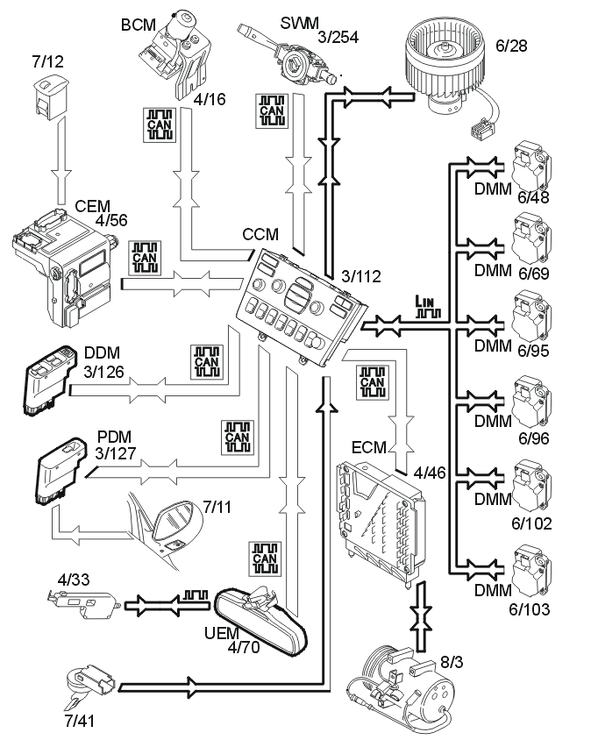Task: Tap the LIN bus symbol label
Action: pyautogui.click(x=428, y=307)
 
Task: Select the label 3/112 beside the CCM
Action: pyautogui.click(x=361, y=276)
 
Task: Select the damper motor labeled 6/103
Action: pyautogui.click(x=531, y=572)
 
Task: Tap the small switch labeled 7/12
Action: pyautogui.click(x=50, y=97)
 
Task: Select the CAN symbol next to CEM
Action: pyautogui.click(x=145, y=258)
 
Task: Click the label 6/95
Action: pyautogui.click(x=534, y=351)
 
